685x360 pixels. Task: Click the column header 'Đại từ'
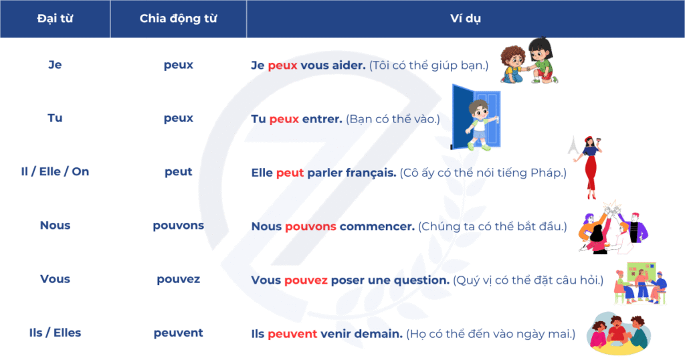tap(55, 18)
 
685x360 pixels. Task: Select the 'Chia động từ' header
tap(178, 18)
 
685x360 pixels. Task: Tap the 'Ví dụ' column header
tap(466, 18)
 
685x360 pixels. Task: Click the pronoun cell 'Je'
tap(55, 65)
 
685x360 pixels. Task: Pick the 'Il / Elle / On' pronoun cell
tap(55, 172)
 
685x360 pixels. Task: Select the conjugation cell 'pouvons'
tap(178, 226)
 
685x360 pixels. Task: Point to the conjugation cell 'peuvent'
tap(178, 333)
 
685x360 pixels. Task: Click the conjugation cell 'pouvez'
tap(178, 279)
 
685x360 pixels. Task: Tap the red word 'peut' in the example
tap(290, 173)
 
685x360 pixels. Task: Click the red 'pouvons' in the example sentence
tap(310, 227)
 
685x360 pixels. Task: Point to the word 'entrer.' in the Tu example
tap(322, 119)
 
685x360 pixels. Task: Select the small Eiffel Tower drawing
tap(573, 145)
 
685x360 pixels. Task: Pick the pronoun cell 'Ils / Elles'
tap(55, 333)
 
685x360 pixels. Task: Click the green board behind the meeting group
tap(642, 272)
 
